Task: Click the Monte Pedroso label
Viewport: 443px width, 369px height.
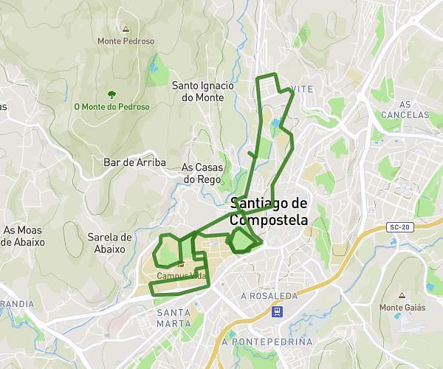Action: point(126,41)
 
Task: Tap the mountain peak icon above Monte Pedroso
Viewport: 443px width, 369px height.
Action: point(126,30)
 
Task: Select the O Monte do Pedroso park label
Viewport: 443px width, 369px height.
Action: point(111,107)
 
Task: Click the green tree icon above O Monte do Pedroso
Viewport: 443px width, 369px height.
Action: point(111,94)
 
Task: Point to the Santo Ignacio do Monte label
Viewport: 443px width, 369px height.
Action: point(202,91)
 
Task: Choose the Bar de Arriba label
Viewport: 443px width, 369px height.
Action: point(134,162)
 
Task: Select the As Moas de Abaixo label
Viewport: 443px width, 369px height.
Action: point(24,236)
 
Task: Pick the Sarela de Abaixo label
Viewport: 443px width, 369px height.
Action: point(109,243)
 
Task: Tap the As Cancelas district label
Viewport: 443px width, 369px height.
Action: point(405,109)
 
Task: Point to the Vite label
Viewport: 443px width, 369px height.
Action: point(303,89)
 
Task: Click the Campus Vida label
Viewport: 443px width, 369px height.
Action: point(180,276)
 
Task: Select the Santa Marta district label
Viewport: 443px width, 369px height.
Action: point(174,317)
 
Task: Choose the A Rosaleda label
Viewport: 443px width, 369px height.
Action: point(269,296)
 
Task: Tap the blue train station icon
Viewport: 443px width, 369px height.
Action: point(277,311)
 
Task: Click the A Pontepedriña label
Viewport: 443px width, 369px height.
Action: point(267,342)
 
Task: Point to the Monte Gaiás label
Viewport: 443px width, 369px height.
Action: point(402,307)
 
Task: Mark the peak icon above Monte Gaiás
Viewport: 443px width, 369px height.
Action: point(402,295)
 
